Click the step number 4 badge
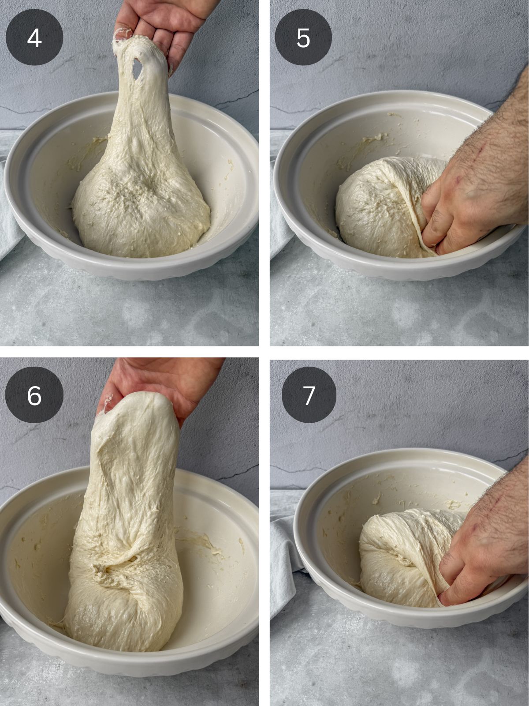pos(34,38)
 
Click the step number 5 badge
pos(303,38)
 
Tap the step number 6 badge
pos(34,395)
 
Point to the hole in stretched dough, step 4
pos(138,68)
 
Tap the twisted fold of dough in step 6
pos(119,569)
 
